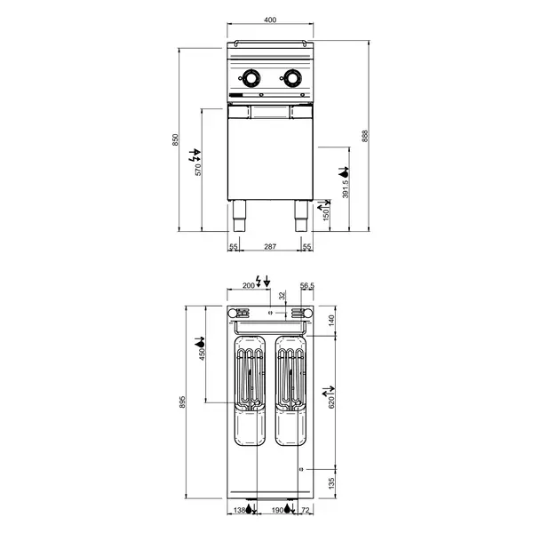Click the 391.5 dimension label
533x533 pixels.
point(344,187)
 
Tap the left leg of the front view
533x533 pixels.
point(239,214)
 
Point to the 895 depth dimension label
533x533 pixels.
point(182,402)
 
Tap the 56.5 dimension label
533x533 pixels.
point(307,286)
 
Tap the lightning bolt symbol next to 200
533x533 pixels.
point(259,282)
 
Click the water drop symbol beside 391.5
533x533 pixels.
point(345,171)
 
